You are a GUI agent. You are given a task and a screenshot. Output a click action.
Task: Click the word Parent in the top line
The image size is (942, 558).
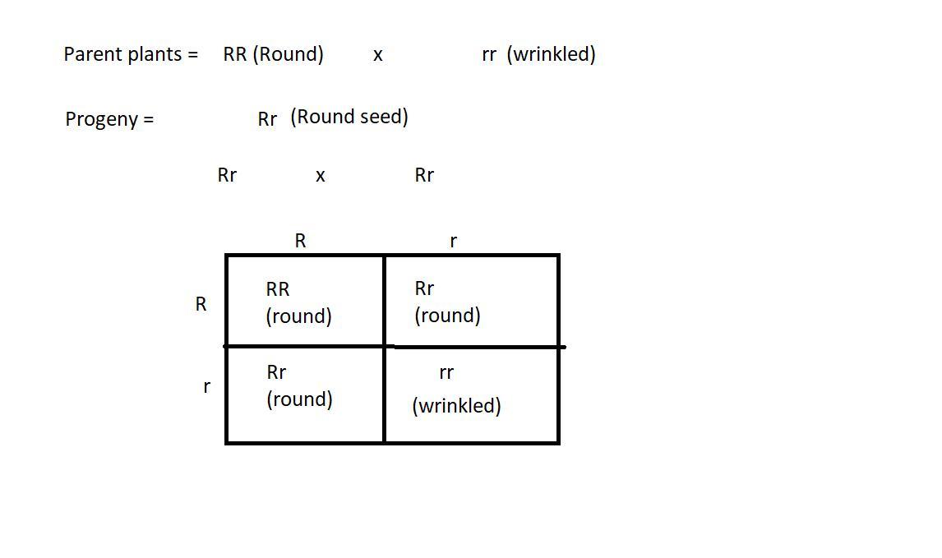click(88, 54)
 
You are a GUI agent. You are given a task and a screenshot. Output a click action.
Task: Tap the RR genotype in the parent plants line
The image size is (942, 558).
click(235, 54)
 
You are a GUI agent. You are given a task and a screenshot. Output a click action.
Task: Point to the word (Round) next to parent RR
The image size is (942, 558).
click(288, 54)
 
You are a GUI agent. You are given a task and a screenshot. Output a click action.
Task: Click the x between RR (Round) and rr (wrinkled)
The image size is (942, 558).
click(378, 56)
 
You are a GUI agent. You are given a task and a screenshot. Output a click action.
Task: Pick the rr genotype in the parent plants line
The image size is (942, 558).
click(489, 55)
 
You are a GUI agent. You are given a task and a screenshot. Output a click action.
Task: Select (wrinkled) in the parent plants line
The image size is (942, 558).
click(551, 54)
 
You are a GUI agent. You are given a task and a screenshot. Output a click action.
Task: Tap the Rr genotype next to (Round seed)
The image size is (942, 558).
click(267, 119)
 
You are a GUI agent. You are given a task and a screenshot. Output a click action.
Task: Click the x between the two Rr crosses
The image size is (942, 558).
click(321, 176)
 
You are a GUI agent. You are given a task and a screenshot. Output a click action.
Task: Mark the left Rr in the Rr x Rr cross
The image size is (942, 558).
click(227, 175)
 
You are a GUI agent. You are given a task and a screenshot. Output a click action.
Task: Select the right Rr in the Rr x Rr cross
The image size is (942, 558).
click(424, 175)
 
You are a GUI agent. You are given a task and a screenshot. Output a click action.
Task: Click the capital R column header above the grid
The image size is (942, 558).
click(300, 241)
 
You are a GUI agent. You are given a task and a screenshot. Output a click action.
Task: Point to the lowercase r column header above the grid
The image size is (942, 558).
click(453, 242)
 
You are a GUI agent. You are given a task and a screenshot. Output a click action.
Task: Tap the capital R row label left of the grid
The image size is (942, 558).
click(201, 304)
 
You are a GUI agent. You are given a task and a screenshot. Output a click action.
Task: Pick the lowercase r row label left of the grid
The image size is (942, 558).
click(206, 387)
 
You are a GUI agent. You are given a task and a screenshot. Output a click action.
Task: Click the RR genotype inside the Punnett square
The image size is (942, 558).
click(278, 289)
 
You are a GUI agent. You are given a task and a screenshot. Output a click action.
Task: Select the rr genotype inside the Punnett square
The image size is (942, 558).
click(446, 373)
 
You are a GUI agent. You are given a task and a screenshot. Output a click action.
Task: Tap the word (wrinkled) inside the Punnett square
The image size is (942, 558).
click(456, 406)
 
